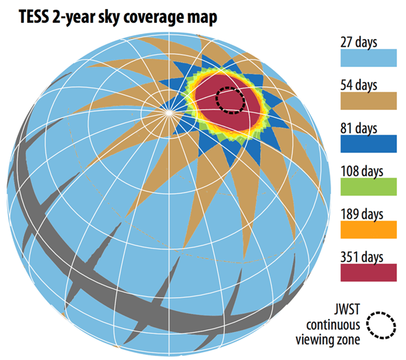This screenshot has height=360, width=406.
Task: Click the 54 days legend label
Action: pos(359,85)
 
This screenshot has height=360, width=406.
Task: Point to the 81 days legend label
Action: pos(359,128)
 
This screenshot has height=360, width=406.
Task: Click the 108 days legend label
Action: pos(361,171)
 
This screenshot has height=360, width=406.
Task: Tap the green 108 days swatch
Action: pos(368,186)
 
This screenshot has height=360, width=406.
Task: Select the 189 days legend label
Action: pos(361,214)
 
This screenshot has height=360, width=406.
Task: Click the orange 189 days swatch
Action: pos(368,229)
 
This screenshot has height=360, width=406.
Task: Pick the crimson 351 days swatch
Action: pos(368,272)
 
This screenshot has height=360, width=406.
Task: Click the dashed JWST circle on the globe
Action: pos(230,100)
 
